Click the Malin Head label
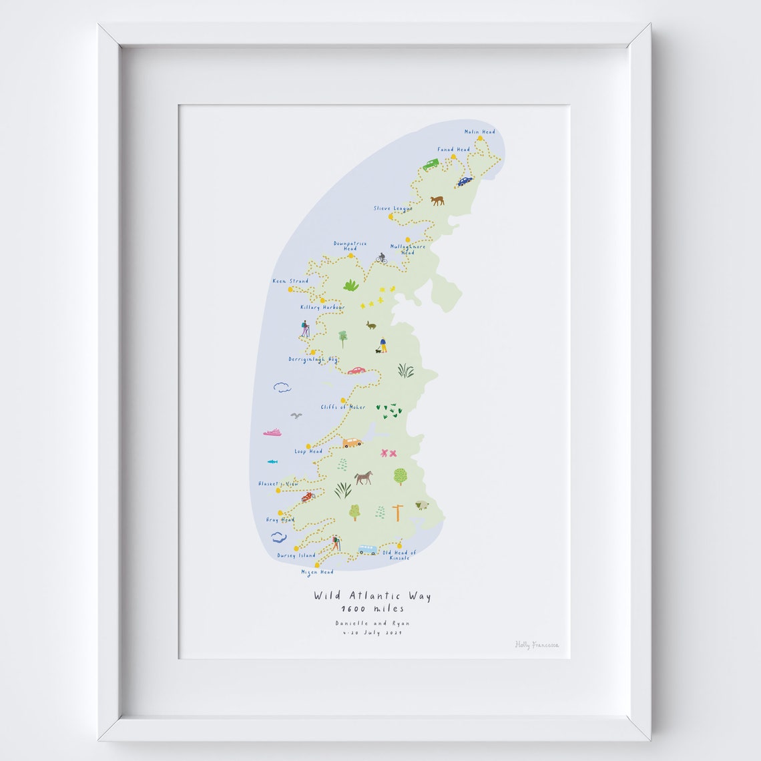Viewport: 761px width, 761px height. point(479,132)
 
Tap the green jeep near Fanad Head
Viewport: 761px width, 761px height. point(431,164)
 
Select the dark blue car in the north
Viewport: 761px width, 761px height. point(465,180)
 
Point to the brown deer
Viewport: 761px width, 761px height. point(437,200)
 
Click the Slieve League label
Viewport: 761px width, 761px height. point(393,208)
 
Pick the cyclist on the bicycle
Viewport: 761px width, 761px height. point(381,258)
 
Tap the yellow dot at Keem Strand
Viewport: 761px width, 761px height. point(290,290)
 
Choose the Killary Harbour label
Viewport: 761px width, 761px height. point(322,307)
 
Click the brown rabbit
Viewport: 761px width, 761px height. point(370,325)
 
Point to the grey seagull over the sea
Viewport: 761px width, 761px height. point(296,415)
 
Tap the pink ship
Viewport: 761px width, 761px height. point(272,433)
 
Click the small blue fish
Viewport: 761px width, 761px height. point(272,461)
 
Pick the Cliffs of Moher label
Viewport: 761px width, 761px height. point(343,407)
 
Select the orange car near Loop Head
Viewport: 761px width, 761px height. point(352,442)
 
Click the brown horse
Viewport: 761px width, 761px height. point(363,477)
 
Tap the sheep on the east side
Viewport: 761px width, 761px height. point(422,505)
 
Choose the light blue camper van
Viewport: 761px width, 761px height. point(367,549)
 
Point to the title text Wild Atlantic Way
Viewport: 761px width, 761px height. point(372,596)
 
